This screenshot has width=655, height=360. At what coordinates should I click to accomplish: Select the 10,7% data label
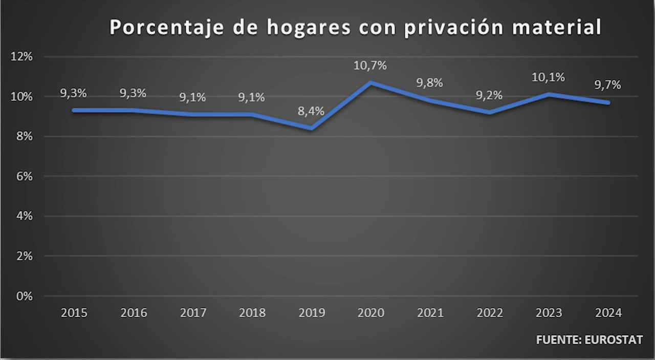coord(370,66)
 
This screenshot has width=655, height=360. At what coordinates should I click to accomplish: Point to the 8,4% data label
coord(311,111)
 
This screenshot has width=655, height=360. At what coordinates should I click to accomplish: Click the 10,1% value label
coord(549,77)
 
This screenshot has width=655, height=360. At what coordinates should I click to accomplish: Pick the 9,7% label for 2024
coord(608,85)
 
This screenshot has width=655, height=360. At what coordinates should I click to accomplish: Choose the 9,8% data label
coord(430,83)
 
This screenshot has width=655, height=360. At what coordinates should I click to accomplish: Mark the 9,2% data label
coord(489,95)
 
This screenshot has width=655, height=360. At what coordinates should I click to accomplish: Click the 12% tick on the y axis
coord(22,57)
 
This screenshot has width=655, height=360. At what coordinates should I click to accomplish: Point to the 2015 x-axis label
coord(74,313)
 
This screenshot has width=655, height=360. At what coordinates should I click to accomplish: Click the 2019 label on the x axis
coord(311,313)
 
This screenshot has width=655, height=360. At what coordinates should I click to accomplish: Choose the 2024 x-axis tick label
coord(608,313)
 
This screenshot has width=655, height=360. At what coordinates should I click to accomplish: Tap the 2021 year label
coord(430,313)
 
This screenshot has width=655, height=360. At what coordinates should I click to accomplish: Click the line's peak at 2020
coord(370,82)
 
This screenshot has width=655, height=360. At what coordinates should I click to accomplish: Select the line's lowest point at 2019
coord(311,128)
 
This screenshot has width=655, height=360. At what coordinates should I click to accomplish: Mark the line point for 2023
coord(549,94)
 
